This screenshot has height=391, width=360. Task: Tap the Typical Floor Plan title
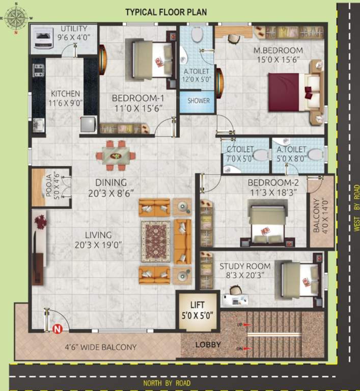point(166,12)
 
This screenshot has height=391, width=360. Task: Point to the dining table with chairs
point(116,155)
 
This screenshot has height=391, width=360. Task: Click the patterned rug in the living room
point(156,241)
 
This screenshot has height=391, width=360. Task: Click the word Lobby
point(208,345)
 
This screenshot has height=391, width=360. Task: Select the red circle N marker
point(58,328)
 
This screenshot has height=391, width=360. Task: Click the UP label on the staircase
point(240,324)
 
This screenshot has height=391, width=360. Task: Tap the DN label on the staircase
point(240,349)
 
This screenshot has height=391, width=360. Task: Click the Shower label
point(198,101)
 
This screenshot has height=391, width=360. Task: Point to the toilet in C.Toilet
point(260,155)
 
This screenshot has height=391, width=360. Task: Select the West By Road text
point(356,208)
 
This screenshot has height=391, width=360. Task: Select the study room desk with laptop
point(238,299)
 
